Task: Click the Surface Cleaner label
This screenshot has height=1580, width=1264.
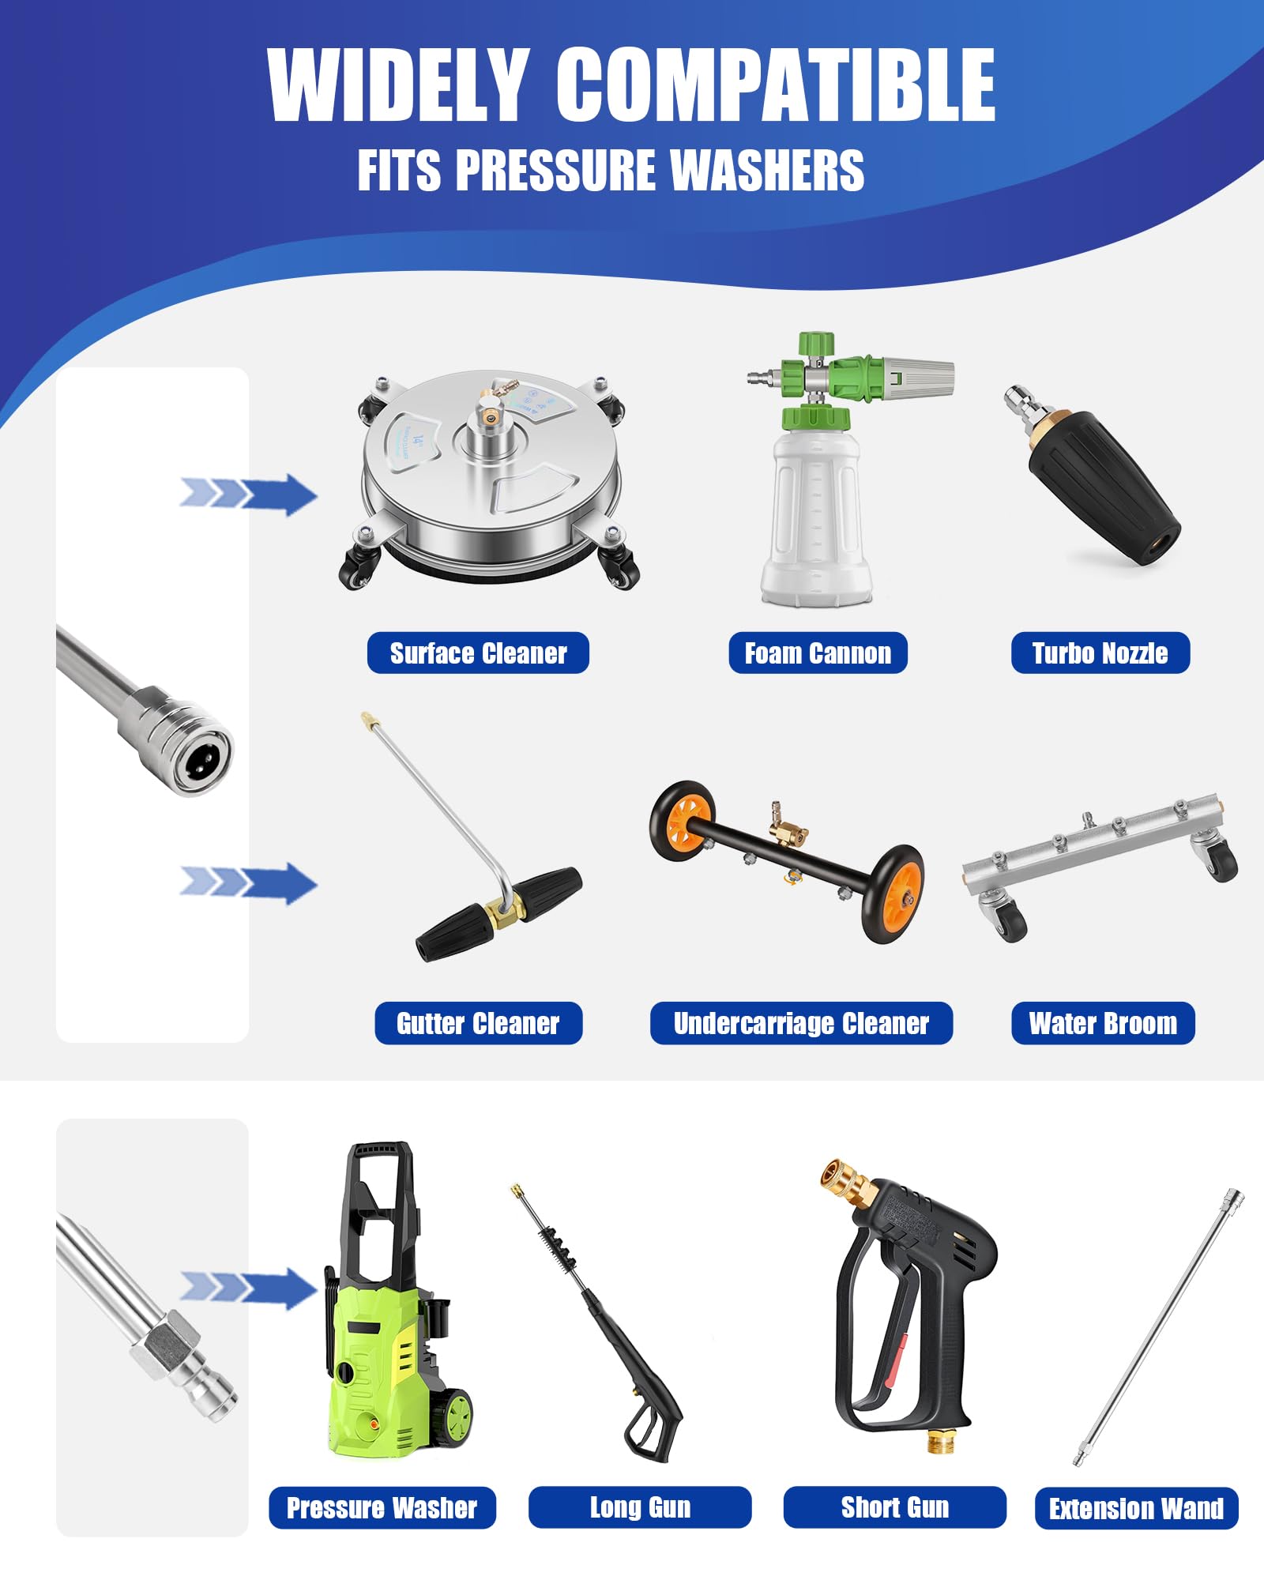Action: [478, 653]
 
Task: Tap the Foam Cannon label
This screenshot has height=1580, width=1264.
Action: [818, 653]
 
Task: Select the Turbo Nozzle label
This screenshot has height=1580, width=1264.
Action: [1100, 653]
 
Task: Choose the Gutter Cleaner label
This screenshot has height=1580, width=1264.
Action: [478, 1023]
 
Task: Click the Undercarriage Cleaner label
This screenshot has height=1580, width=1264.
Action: [801, 1023]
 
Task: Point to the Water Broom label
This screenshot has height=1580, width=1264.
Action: [1103, 1023]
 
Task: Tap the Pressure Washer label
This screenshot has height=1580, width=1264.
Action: [382, 1508]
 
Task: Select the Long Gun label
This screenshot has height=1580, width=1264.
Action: [640, 1507]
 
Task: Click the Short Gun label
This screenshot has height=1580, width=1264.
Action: [895, 1507]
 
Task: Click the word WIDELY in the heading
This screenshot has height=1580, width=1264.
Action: [398, 85]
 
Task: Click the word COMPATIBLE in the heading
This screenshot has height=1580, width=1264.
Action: [776, 85]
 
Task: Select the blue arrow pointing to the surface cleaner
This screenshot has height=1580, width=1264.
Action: [248, 495]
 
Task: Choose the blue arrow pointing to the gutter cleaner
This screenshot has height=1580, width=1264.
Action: [248, 883]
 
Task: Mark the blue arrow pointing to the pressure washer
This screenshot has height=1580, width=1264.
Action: [248, 1288]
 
